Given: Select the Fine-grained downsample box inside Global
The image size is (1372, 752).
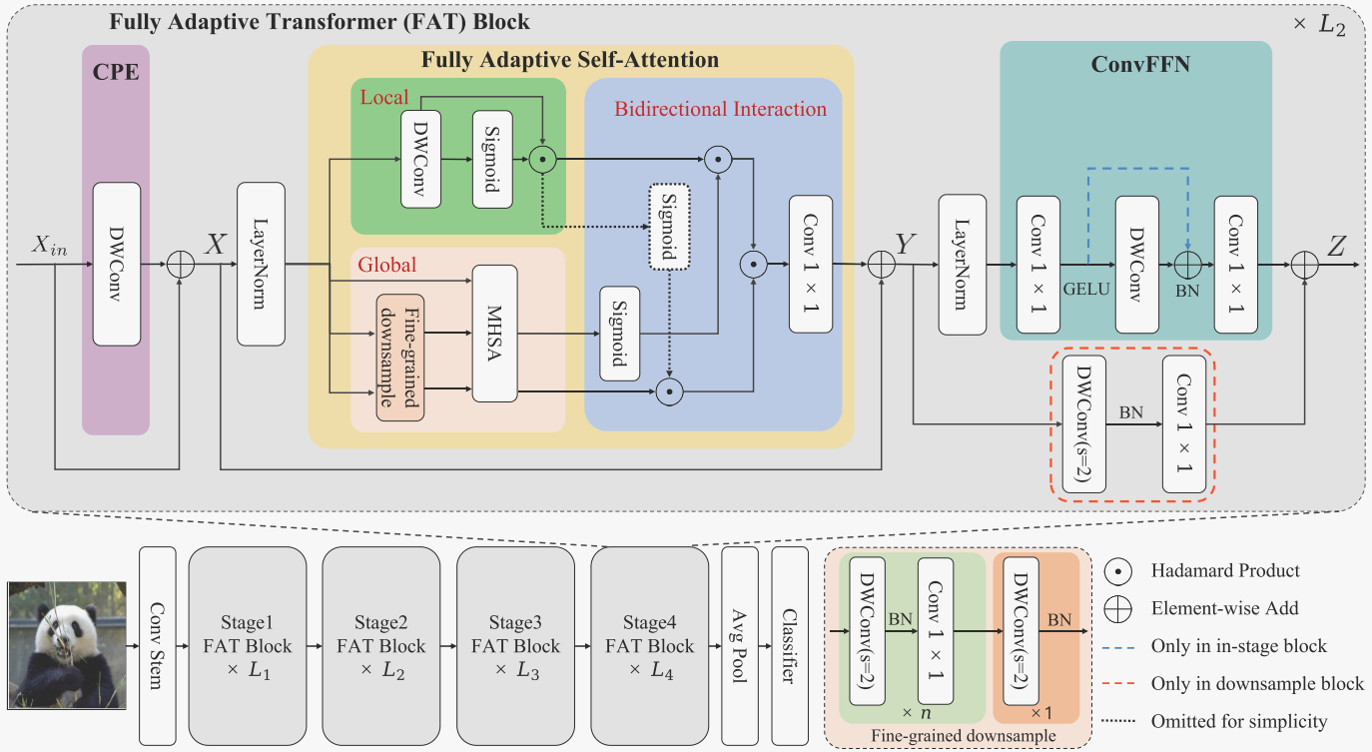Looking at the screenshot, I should click(399, 358).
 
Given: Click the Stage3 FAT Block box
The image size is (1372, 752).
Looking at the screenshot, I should click(515, 646).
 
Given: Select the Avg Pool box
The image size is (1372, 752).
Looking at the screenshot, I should click(740, 645).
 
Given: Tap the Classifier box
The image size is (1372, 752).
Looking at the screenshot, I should click(790, 645).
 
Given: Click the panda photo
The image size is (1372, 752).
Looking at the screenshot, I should click(67, 645).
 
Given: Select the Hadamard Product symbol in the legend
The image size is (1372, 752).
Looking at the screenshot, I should click(1120, 571).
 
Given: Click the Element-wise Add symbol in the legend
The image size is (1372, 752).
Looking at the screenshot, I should click(1120, 608).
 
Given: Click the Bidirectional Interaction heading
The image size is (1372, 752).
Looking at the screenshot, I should click(720, 109).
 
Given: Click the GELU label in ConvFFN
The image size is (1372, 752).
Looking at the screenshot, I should click(1086, 288).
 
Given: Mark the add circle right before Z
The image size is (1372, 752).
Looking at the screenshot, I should click(1305, 265).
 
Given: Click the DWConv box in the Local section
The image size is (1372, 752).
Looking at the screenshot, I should click(420, 160).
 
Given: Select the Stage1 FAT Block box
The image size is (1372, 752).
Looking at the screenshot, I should click(247, 646).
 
